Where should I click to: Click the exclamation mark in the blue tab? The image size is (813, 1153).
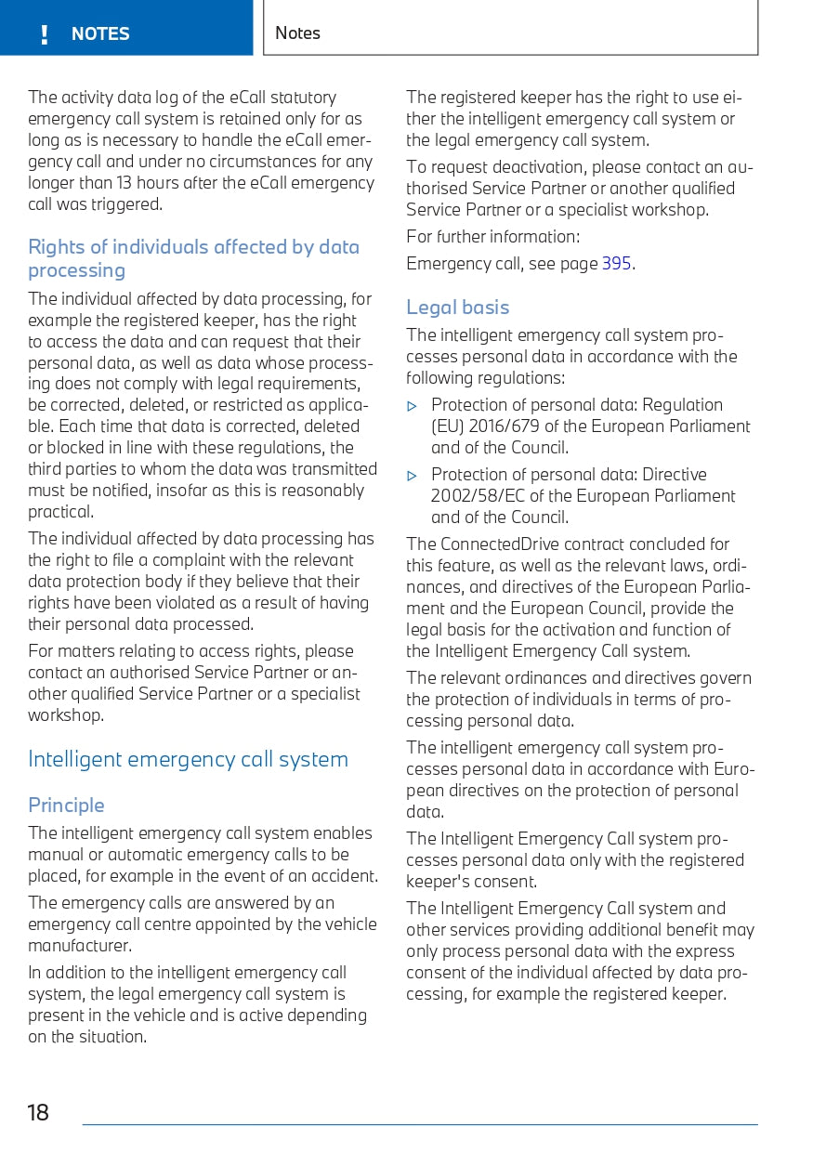(x=44, y=35)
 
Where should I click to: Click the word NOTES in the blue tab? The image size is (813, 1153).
(x=100, y=34)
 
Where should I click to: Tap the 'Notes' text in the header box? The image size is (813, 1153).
(x=297, y=33)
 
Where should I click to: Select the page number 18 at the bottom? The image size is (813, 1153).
(x=38, y=1112)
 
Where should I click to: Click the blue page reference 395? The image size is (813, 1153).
(x=616, y=264)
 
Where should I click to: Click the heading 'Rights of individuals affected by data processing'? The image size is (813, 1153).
(x=193, y=258)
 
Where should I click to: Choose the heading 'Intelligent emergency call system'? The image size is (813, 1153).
(x=188, y=759)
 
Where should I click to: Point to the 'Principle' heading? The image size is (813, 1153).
(x=66, y=805)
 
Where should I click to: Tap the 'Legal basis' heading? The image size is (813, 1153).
(x=457, y=308)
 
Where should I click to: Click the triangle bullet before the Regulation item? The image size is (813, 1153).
(x=413, y=406)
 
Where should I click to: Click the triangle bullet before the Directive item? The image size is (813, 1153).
(x=413, y=476)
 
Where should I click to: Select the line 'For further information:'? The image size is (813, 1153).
(x=492, y=237)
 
